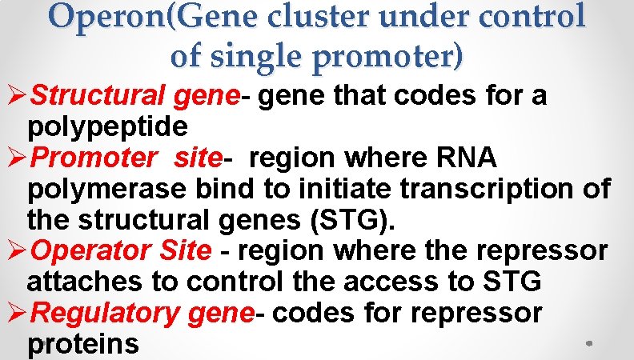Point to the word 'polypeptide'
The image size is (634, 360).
[x=107, y=127]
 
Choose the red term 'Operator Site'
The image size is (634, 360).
[x=121, y=251]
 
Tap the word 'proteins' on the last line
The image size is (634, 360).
[x=82, y=345]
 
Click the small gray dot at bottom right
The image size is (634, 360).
[x=588, y=343]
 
